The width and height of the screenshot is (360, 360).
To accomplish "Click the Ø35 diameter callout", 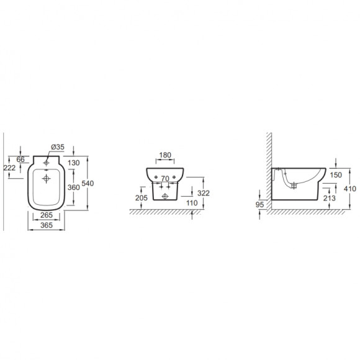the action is click(x=58, y=147).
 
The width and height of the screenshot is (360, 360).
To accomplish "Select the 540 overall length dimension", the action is click(x=88, y=184).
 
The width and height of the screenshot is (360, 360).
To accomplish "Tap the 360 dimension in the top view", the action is click(x=74, y=187).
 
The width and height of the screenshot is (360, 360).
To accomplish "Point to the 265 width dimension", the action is click(x=47, y=215).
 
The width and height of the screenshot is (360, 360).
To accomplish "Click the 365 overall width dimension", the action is click(x=47, y=225).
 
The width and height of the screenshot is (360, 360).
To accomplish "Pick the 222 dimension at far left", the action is click(x=10, y=168).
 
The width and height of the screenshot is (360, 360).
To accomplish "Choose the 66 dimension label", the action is click(x=20, y=159).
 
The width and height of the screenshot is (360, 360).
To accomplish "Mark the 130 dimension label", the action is click(x=74, y=163).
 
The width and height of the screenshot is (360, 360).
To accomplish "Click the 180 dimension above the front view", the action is click(x=165, y=155).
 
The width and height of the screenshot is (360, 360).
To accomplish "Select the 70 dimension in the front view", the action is click(x=165, y=178).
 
